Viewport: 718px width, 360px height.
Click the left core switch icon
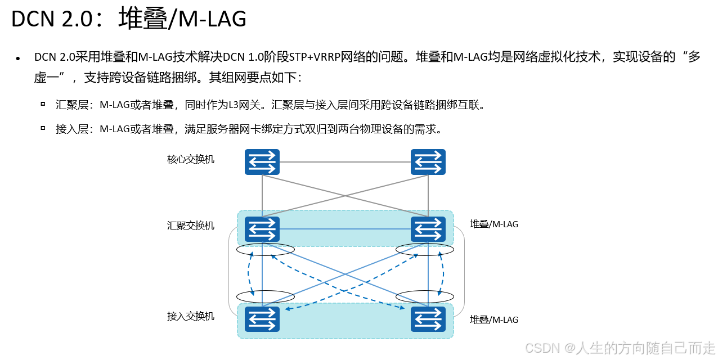262,161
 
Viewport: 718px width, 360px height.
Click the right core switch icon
428,161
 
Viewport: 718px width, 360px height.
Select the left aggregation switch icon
262,229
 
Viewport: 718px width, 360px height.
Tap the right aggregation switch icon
428,229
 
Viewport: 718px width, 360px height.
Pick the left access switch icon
262,319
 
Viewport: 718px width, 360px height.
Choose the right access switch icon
428,319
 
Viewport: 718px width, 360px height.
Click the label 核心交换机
191,159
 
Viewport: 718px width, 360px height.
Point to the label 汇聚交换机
191,226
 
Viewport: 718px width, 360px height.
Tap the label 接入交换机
191,316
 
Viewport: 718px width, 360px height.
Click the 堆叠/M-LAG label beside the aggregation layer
494,224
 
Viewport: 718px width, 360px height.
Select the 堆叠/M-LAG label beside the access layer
494,319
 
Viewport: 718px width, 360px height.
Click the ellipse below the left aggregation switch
266,249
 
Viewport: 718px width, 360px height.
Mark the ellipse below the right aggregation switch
425,249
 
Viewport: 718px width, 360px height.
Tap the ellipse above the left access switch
266,296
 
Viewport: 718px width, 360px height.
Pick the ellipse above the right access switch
425,296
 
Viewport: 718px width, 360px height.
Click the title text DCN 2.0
51,19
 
